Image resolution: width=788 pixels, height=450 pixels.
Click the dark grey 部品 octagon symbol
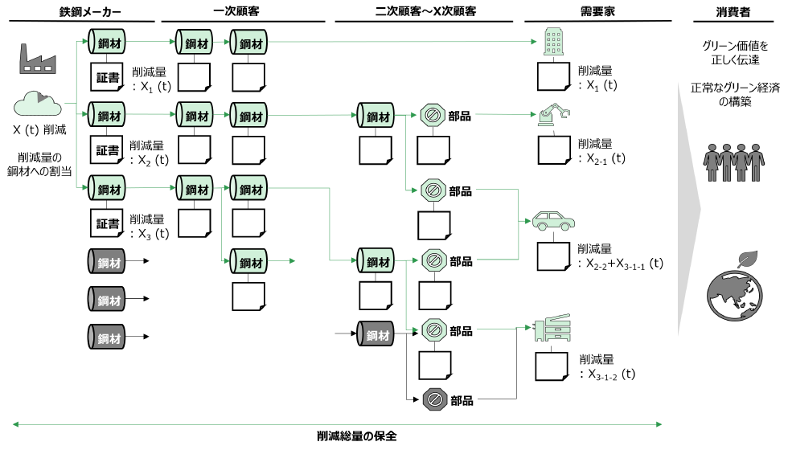click(x=433, y=399)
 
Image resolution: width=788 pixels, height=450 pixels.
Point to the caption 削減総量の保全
click(x=357, y=436)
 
